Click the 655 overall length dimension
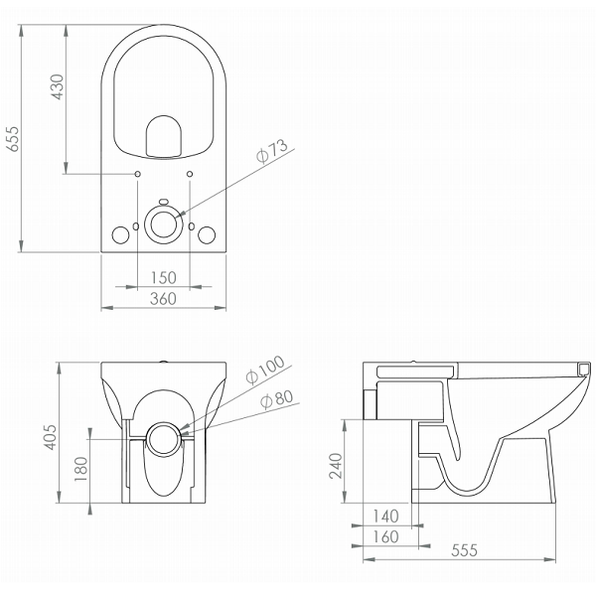coord(14,139)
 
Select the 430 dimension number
coord(58,87)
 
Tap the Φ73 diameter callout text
coord(272,151)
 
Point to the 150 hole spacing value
coord(164,278)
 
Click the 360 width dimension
coord(163,298)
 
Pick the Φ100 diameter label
coord(265,370)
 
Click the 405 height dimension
coord(51,437)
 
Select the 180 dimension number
coord(81,469)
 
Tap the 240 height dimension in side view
coord(336,466)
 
